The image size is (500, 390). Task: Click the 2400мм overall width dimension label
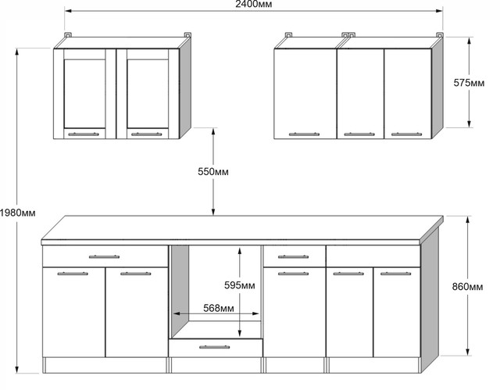pos(253,4)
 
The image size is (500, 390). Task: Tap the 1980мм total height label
pos(17,213)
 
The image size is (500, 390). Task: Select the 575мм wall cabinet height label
pos(469,83)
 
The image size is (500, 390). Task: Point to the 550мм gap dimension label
pos(213,172)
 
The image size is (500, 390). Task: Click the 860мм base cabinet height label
pos(467,287)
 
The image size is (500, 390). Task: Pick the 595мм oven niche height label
pos(240,285)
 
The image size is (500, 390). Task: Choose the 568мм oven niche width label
pos(219,308)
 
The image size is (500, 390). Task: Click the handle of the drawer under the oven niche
pos(215,347)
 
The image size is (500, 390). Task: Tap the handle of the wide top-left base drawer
pos(104,256)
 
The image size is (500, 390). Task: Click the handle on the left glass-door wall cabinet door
pos(84,134)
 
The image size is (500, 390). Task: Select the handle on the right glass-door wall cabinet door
pos(147,134)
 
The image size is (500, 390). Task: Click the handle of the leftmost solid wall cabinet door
pos(304,134)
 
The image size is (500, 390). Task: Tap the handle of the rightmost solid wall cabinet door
pos(406,134)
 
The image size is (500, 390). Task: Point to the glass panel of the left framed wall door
pos(84,94)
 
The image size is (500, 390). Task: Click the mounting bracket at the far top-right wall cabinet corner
pos(439,34)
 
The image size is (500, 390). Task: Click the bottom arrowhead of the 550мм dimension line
pos(213,212)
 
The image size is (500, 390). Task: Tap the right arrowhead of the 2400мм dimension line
pos(439,11)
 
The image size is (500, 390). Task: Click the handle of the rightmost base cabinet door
pos(396,274)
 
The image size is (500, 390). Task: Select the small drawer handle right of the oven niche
pos(294,256)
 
